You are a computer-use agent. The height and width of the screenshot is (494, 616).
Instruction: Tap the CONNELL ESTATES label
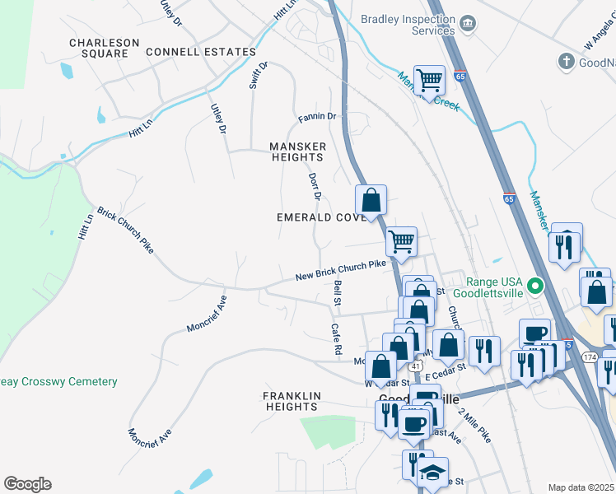pyautogui.click(x=201, y=52)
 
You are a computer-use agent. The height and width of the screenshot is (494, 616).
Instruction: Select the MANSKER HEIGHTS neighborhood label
pyautogui.click(x=298, y=151)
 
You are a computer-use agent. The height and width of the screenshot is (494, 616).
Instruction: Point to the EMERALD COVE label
pyautogui.click(x=321, y=217)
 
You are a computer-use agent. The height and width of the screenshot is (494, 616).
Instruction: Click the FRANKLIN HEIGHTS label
pyautogui.click(x=292, y=401)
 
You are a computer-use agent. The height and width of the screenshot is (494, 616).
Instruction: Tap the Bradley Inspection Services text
pyautogui.click(x=408, y=25)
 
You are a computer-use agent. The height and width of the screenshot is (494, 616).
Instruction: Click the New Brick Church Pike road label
pyautogui.click(x=341, y=269)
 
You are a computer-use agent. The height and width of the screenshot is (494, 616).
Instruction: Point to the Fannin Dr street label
pyautogui.click(x=318, y=117)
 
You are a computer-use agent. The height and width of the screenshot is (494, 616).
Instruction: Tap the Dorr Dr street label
pyautogui.click(x=314, y=186)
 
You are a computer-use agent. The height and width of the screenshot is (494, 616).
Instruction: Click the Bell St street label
pyautogui.click(x=338, y=293)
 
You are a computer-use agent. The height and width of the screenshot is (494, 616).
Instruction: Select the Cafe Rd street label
pyautogui.click(x=336, y=338)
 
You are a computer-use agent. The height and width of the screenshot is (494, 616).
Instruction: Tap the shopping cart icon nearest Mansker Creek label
pyautogui.click(x=429, y=82)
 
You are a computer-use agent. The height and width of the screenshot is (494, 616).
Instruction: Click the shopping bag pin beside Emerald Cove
pyautogui.click(x=371, y=200)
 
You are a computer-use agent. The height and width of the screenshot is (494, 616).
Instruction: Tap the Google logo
pyautogui.click(x=27, y=484)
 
